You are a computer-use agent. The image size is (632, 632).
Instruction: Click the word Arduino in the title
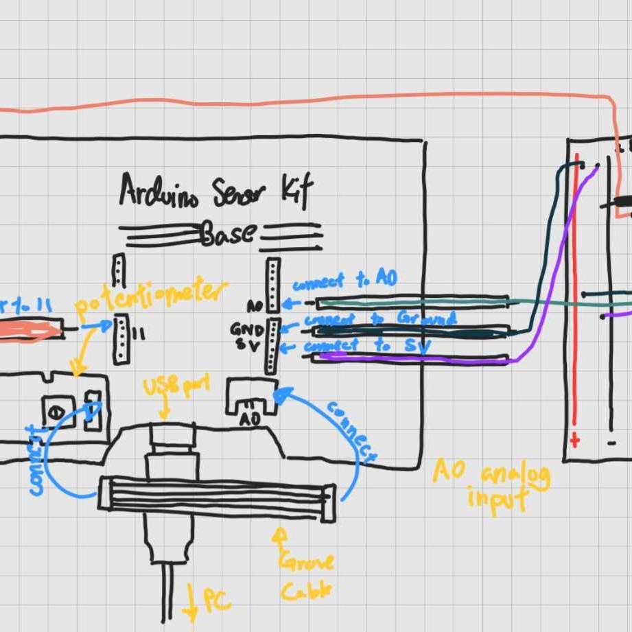(x=159, y=190)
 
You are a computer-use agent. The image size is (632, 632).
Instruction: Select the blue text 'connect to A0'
(x=344, y=281)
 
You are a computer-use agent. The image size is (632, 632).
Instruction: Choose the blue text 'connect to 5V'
(x=366, y=347)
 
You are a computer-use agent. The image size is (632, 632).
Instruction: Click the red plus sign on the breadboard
(x=574, y=440)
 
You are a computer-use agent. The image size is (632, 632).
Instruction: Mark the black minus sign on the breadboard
(x=611, y=443)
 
